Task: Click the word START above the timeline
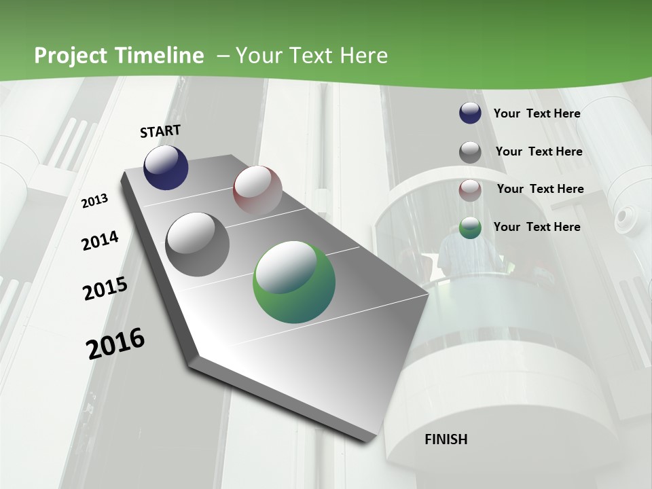click(160, 131)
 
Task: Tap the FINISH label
click(446, 439)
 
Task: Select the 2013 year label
click(95, 201)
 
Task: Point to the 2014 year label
click(100, 240)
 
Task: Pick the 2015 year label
click(105, 289)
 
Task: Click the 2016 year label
click(115, 343)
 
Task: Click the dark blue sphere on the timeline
click(166, 168)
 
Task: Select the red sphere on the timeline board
click(257, 190)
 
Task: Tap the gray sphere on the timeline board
click(198, 244)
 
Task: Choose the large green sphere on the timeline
click(293, 282)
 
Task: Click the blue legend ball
click(470, 113)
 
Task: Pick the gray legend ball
click(470, 151)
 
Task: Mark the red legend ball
click(470, 189)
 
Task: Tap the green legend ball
click(470, 228)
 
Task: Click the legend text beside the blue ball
click(537, 113)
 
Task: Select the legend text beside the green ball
click(537, 227)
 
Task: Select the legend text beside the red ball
click(540, 189)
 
